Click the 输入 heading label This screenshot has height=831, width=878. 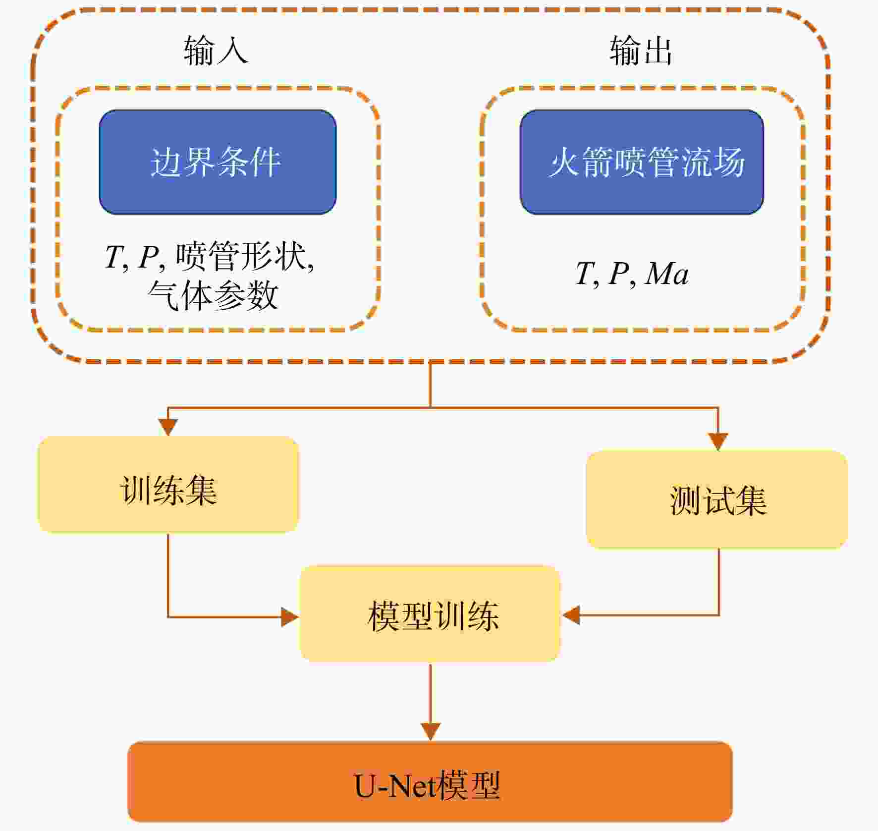(216, 51)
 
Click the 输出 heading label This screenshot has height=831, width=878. (641, 51)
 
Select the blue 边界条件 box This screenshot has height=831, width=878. (218, 162)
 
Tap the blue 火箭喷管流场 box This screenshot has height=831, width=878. (642, 162)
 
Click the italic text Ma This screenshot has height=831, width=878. (666, 274)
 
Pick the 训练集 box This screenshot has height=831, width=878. (168, 485)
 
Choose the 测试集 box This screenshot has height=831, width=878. (717, 499)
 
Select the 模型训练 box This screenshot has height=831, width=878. (430, 614)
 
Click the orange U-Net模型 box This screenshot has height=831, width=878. (430, 781)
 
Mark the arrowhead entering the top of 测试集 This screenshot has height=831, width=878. (718, 442)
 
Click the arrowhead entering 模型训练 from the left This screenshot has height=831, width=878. (290, 617)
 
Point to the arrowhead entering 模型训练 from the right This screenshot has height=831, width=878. (570, 615)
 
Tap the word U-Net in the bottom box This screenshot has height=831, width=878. (395, 785)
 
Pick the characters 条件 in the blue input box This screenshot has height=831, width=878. (249, 162)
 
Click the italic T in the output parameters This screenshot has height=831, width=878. (585, 274)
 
